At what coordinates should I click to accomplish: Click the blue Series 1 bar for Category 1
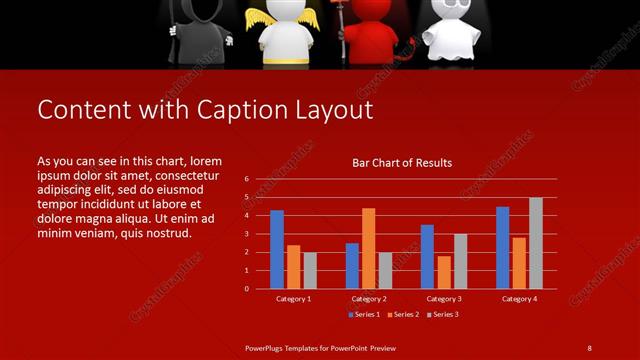[x=277, y=249]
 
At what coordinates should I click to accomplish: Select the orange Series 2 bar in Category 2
[x=368, y=248]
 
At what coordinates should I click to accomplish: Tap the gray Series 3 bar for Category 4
[x=536, y=243]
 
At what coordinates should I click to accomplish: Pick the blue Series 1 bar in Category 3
[x=427, y=257]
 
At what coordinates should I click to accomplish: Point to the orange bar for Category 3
[x=443, y=272]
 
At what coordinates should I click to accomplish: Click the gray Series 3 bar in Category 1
[x=310, y=270]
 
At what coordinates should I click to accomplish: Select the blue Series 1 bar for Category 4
[x=503, y=247]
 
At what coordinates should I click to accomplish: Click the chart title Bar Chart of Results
[x=402, y=163]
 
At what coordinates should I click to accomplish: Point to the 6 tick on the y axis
[x=246, y=179]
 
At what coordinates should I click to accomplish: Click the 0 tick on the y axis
[x=246, y=289]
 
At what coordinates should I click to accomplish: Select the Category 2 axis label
[x=368, y=299]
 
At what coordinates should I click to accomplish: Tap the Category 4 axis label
[x=519, y=299]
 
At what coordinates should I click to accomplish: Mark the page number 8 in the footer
[x=589, y=347]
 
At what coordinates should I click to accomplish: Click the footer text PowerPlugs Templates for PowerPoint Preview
[x=320, y=347]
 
